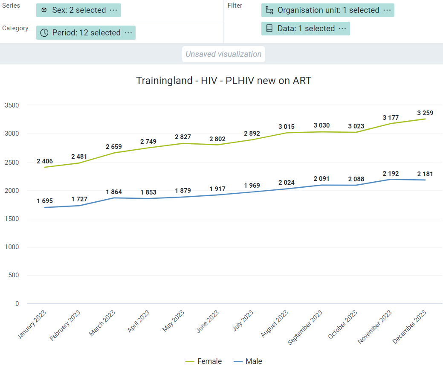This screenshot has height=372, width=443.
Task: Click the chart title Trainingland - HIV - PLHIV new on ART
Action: tap(223, 81)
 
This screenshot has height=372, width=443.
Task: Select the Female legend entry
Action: tap(203, 361)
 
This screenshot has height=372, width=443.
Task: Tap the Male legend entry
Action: tap(248, 361)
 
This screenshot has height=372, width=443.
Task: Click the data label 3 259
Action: tap(425, 113)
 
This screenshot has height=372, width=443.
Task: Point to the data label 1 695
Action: tap(45, 201)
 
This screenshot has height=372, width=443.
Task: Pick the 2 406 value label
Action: tap(45, 161)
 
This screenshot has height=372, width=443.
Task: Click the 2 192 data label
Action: tap(391, 174)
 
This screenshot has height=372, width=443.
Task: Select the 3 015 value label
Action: tap(286, 127)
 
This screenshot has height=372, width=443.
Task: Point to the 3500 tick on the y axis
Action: tap(12, 105)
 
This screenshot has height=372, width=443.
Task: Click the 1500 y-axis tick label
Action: tap(12, 219)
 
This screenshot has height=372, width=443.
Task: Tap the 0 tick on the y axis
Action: tap(17, 304)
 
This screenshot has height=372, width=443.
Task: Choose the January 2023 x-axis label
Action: tap(32, 325)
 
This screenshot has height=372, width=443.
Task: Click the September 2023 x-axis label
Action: tap(305, 327)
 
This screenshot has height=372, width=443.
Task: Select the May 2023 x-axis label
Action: tap(173, 321)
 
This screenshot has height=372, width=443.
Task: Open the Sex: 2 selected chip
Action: tap(78, 10)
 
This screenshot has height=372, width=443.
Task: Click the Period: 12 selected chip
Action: tap(86, 32)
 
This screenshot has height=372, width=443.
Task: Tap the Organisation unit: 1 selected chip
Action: tap(328, 10)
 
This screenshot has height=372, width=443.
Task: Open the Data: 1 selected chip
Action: tap(306, 29)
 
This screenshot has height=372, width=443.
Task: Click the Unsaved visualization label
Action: tap(223, 54)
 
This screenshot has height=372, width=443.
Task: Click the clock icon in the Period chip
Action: tap(44, 33)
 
